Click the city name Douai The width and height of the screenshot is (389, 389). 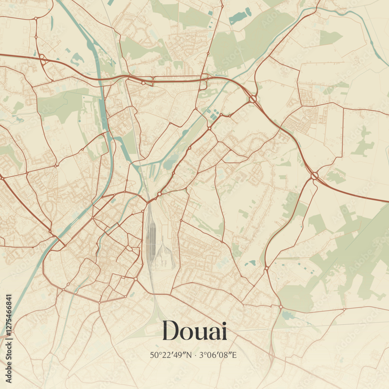(194, 331)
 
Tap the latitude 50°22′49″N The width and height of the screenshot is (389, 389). (172, 355)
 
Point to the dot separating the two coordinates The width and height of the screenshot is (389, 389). (196, 355)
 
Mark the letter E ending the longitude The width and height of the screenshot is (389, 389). (236, 355)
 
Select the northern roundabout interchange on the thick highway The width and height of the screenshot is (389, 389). (253, 99)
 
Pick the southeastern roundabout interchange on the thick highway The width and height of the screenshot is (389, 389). (314, 176)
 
